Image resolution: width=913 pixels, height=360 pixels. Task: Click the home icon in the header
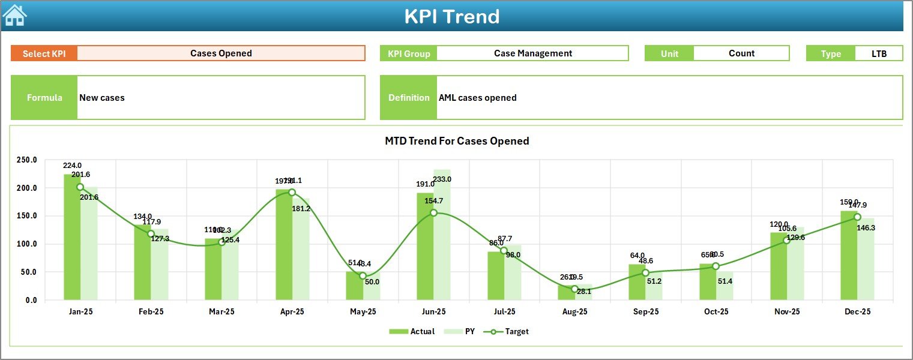point(14,16)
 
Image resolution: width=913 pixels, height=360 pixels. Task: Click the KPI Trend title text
point(451,16)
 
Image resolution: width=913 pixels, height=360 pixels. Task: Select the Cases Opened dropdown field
point(221,53)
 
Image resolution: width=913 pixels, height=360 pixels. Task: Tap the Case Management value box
point(532,53)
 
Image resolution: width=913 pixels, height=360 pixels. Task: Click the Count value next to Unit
point(741,53)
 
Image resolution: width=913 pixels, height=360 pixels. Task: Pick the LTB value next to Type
point(879,53)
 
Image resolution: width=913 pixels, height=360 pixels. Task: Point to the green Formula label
point(44,98)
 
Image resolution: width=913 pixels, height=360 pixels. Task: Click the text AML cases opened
point(477,98)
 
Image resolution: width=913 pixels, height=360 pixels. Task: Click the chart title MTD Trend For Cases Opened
point(456,141)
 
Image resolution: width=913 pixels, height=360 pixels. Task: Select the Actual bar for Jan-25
point(72,237)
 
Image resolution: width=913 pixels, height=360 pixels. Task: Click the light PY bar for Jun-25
point(442,235)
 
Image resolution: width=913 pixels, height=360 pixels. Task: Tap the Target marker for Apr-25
point(292,193)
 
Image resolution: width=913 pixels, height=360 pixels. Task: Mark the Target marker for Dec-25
point(857,217)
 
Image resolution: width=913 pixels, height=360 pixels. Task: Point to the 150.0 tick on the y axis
point(26,216)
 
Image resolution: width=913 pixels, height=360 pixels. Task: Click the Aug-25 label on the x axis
point(574,312)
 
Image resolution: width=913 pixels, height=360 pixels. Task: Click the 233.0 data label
point(459,179)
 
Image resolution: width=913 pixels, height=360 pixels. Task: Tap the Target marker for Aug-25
point(574,289)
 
